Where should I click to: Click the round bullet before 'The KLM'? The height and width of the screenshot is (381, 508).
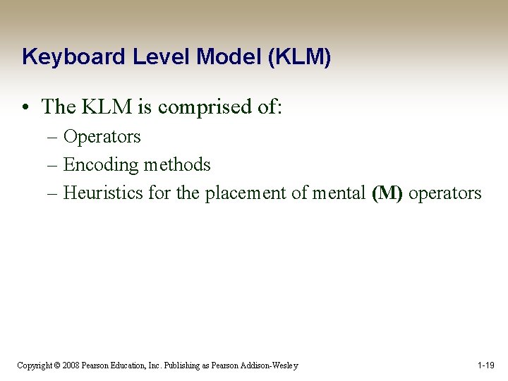point(26,107)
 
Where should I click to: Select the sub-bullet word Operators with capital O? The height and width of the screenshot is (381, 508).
point(102,136)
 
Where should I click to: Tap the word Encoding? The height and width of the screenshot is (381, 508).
point(101,164)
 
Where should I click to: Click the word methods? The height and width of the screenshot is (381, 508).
point(177,164)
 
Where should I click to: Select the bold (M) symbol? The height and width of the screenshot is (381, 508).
point(387,193)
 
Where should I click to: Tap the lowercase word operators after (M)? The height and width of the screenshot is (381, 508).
point(445,193)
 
